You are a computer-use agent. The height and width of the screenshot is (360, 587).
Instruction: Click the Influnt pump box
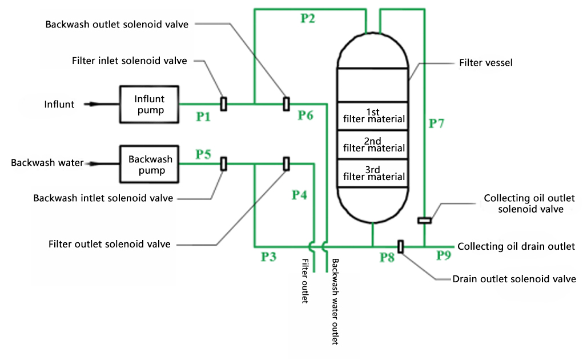(x=149, y=104)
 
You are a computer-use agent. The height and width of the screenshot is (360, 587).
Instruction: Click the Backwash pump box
(x=149, y=164)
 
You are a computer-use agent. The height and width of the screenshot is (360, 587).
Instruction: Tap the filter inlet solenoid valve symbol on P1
(x=223, y=104)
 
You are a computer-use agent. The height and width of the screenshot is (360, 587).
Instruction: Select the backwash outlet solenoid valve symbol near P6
(x=287, y=104)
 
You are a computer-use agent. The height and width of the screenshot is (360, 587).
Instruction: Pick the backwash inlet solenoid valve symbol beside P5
(x=223, y=163)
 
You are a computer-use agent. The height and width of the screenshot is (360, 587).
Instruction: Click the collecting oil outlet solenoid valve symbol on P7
(x=424, y=221)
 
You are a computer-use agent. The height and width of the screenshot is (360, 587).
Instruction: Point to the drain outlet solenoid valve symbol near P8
(x=401, y=246)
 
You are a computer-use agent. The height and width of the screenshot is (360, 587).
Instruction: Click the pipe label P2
(x=308, y=18)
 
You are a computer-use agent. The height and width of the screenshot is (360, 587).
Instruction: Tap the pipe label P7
(x=436, y=123)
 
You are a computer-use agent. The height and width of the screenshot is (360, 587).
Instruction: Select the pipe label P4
(x=299, y=195)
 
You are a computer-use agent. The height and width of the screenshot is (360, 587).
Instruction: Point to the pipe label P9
(x=444, y=255)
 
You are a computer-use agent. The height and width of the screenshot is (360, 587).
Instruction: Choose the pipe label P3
(x=268, y=257)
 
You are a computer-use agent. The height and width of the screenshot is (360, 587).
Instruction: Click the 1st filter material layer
(x=373, y=116)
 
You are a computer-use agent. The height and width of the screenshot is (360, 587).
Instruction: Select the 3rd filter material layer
(x=373, y=174)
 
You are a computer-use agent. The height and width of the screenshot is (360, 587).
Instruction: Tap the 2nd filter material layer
(x=373, y=145)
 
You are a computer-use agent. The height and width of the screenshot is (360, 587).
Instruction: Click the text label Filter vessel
(x=485, y=62)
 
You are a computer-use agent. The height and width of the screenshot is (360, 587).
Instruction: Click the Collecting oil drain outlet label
(x=516, y=246)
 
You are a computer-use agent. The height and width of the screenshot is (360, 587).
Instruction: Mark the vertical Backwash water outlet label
(x=335, y=301)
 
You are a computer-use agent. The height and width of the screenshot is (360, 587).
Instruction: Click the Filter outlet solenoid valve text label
(x=109, y=244)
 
